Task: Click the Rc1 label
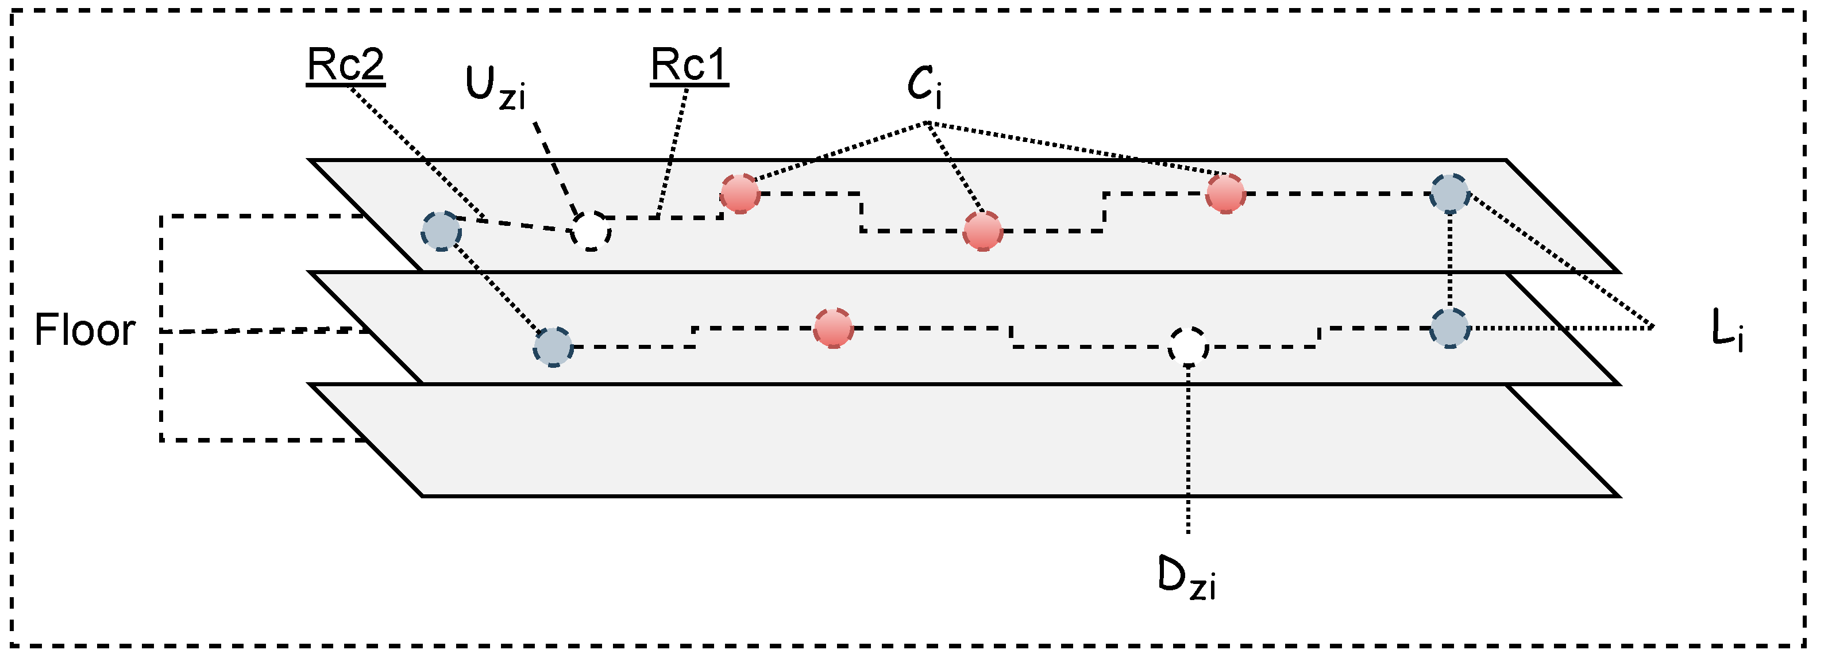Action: coord(689,66)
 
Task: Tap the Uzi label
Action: coord(495,88)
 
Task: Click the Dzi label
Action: coord(1186,580)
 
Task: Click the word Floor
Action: coord(84,330)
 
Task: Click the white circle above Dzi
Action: coord(1188,347)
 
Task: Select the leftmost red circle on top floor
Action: coord(740,193)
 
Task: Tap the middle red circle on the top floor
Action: coord(983,230)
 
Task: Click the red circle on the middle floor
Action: coord(833,328)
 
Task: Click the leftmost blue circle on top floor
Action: coord(441,230)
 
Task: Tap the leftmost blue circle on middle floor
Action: coord(553,347)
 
